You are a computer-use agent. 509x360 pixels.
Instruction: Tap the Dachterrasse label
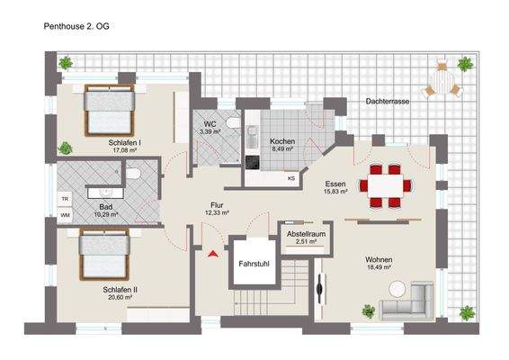point(388,103)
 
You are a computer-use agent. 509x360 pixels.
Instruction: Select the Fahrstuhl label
point(253,265)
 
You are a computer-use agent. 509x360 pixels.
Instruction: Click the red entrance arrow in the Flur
point(213,256)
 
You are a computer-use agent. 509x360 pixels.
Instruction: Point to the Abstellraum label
point(305,232)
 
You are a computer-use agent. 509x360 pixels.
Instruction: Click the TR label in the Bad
point(65,198)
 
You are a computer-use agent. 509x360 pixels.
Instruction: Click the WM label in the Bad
point(65,215)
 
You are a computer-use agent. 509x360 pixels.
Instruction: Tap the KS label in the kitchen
point(290,177)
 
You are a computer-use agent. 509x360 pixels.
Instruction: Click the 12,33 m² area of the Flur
point(218,213)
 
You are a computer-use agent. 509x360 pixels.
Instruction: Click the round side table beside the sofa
point(397,288)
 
